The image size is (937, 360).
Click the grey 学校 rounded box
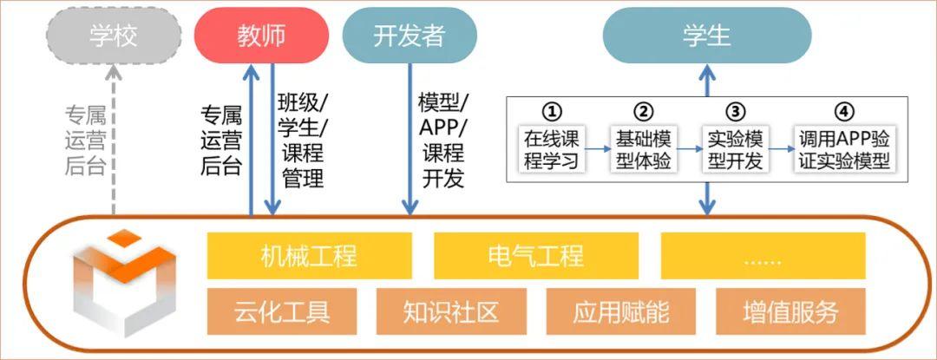click(114, 36)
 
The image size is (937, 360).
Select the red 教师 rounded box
click(261, 36)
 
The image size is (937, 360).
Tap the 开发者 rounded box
click(409, 36)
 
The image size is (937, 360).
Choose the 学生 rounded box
click(707, 36)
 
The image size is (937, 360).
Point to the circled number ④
click(845, 112)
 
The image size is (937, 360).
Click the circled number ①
click(552, 112)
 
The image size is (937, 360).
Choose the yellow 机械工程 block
click(309, 256)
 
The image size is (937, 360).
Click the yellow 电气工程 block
click(535, 256)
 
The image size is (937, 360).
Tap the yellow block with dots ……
click(763, 256)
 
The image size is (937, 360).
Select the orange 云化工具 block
click(282, 311)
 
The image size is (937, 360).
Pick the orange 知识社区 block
click(451, 311)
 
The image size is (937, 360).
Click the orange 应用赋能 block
click(621, 311)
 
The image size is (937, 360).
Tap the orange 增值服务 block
click(790, 311)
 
